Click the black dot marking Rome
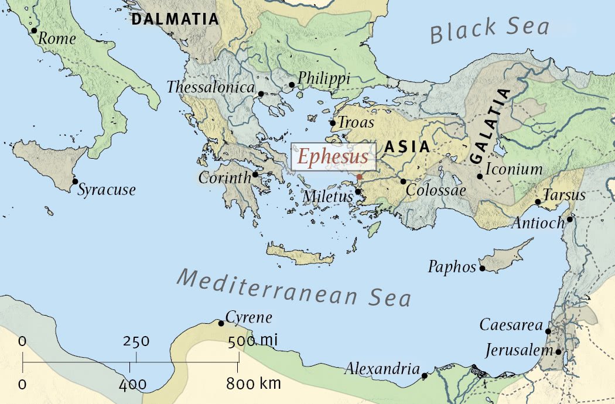tap(34, 30)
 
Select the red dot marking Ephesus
tap(359, 177)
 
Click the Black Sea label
tap(490, 30)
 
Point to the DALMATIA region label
tap(175, 19)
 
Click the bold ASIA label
tap(407, 148)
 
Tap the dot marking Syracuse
tap(75, 182)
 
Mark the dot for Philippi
tap(292, 85)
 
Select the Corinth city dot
tap(255, 174)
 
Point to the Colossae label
tap(436, 191)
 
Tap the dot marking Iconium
tap(480, 176)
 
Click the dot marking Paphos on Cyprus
tap(482, 269)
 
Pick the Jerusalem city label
tap(520, 351)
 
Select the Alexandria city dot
tap(425, 375)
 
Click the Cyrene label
tap(249, 318)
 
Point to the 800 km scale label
tap(254, 384)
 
